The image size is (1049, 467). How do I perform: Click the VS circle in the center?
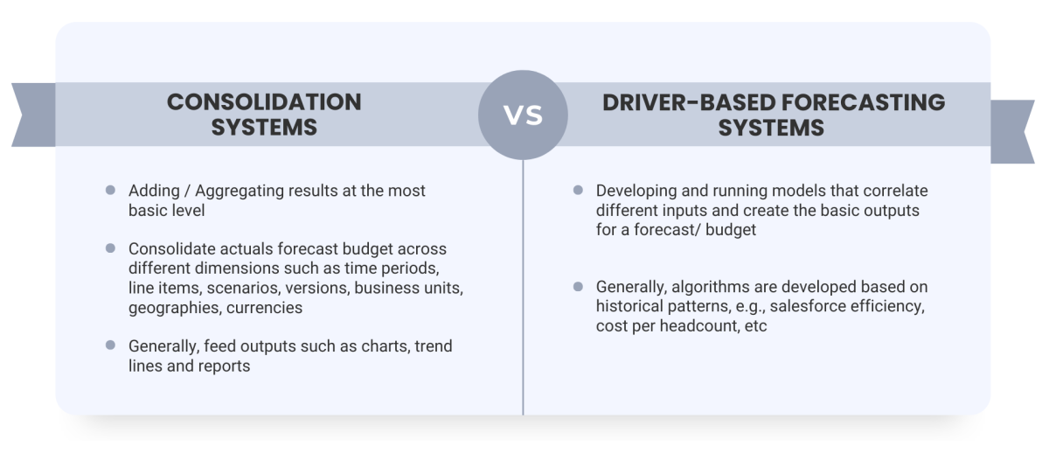(523, 115)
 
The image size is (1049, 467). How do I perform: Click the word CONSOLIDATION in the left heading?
(264, 101)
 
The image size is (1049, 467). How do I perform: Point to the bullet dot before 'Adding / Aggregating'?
(110, 190)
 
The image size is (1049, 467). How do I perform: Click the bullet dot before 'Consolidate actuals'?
(110, 249)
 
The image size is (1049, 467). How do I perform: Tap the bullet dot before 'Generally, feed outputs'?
(110, 345)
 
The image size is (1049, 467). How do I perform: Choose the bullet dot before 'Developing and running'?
(578, 190)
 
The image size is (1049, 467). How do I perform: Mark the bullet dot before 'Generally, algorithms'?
(578, 287)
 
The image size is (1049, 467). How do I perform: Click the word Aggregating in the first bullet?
(238, 191)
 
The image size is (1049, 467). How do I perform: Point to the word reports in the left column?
(223, 366)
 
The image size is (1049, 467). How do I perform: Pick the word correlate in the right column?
(896, 191)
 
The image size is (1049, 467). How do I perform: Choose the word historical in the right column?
(630, 307)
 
